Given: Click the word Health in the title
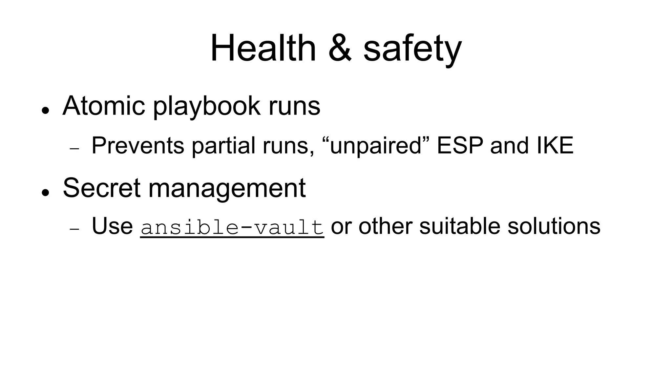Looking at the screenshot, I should pyautogui.click(x=263, y=48).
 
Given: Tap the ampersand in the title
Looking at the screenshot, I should pyautogui.click(x=340, y=48).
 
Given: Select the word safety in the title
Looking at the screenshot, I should pyautogui.click(x=412, y=49).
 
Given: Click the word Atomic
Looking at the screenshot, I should pyautogui.click(x=104, y=106).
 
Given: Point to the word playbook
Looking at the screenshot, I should pyautogui.click(x=207, y=107).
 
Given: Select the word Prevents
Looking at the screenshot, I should pyautogui.click(x=138, y=145).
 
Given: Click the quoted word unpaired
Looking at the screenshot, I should pyautogui.click(x=376, y=145).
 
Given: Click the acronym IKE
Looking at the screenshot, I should pyautogui.click(x=555, y=145).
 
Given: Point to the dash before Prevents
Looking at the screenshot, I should pyautogui.click(x=75, y=149).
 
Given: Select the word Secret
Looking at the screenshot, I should pyautogui.click(x=102, y=188).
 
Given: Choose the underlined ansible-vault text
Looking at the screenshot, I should pyautogui.click(x=232, y=227).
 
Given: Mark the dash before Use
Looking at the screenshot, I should pyautogui.click(x=75, y=229).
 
